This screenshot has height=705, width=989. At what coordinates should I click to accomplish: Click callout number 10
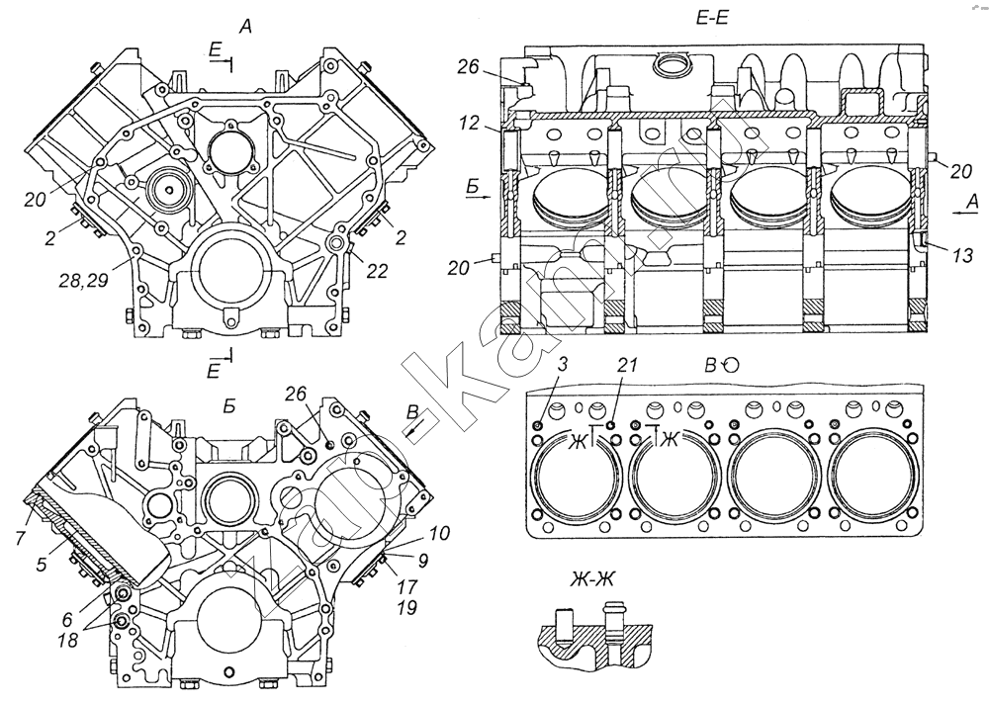[x=438, y=533]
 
